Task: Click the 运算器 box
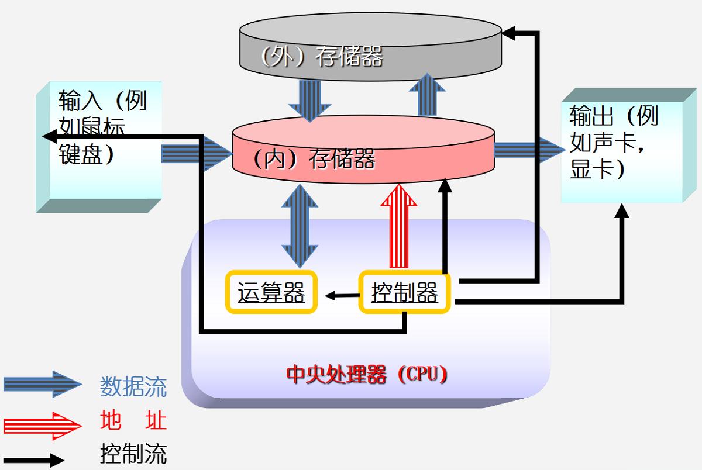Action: [x=271, y=292]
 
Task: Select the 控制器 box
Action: [x=405, y=292]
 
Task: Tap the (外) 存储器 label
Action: [x=322, y=56]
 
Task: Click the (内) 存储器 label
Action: [x=314, y=158]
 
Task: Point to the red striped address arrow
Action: [x=399, y=225]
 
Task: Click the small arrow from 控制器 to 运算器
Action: [x=342, y=295]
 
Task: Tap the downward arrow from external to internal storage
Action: [x=309, y=98]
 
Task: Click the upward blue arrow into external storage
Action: [x=427, y=95]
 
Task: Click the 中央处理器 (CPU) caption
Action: [x=367, y=374]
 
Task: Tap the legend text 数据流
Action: [x=133, y=387]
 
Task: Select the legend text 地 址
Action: [x=133, y=420]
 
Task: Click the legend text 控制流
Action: [x=133, y=454]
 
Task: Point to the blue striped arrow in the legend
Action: [x=42, y=384]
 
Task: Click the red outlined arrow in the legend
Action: [x=42, y=425]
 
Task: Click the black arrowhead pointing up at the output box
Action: [x=622, y=211]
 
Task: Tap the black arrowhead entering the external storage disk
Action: [x=509, y=34]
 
